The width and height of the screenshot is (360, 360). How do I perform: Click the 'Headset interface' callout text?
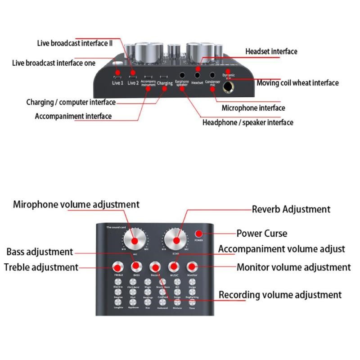coord(271,51)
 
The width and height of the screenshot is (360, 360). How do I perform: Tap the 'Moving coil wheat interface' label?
coord(297,83)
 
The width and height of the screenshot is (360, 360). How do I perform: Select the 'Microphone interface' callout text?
coord(253,108)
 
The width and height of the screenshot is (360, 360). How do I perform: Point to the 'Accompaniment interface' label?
coord(73,116)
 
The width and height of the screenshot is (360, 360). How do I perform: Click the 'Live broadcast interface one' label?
coord(54,63)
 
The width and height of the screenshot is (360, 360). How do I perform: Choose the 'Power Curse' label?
coord(261,234)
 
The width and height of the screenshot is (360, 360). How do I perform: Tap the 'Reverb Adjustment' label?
coord(291,209)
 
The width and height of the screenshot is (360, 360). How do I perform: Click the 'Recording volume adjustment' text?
coord(280,295)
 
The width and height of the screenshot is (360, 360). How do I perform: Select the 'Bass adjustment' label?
coord(40,252)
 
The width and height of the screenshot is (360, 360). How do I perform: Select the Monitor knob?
coord(193,266)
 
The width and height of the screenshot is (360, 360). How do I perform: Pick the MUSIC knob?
coord(174,266)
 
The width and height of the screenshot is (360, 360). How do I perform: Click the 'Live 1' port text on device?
coord(117,83)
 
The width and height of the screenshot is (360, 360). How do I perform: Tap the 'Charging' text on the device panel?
coord(165,83)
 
